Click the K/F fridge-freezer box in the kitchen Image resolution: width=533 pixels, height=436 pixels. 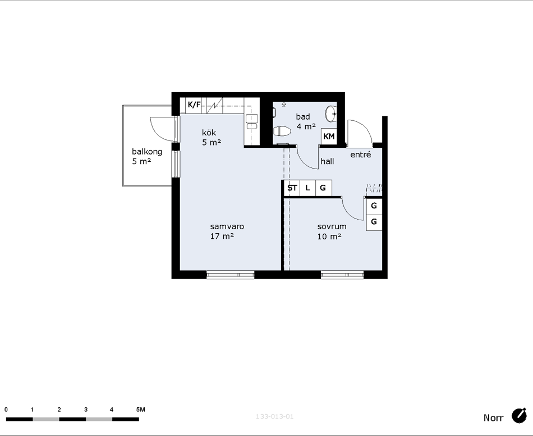click(x=194, y=105)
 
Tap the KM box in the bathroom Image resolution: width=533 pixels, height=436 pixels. click(x=329, y=137)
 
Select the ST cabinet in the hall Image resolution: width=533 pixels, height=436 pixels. click(x=292, y=188)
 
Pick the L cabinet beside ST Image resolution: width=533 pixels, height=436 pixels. click(x=307, y=188)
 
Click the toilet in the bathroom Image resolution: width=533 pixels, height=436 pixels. click(x=282, y=131)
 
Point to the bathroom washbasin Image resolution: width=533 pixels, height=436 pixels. click(x=331, y=113)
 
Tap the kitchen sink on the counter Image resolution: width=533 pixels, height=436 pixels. click(x=252, y=122)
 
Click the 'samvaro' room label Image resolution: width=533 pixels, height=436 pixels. click(x=227, y=226)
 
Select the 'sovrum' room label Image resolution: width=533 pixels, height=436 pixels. click(x=332, y=226)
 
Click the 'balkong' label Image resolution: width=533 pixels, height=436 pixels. click(x=147, y=152)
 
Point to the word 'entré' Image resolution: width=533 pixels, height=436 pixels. click(x=361, y=155)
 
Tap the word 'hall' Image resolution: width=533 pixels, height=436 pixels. click(x=327, y=161)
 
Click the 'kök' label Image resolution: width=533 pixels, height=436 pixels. click(x=209, y=133)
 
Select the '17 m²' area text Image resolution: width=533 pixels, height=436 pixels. click(x=222, y=236)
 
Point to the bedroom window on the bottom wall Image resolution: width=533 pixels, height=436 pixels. click(x=342, y=274)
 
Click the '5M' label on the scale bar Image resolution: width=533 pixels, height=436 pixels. click(x=140, y=410)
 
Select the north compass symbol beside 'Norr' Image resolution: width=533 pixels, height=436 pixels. click(x=519, y=416)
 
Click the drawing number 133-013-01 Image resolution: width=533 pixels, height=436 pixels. click(x=274, y=416)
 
